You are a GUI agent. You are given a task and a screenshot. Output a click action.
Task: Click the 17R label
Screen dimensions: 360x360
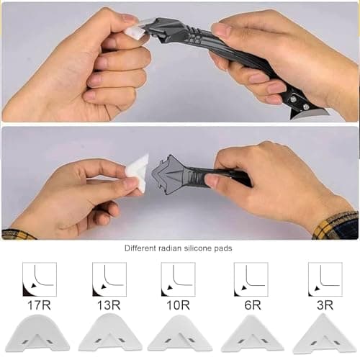40,305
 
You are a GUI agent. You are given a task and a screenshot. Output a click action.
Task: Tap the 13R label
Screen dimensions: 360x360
109,305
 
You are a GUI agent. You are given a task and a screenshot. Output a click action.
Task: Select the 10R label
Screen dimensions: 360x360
178,305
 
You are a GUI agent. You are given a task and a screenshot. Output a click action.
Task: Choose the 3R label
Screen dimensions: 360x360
325,305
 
